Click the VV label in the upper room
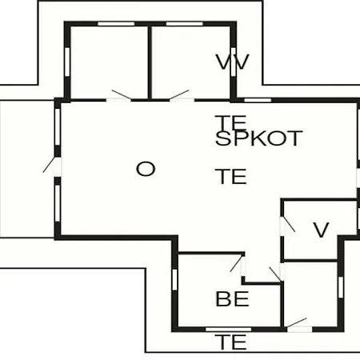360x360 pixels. coord(232,62)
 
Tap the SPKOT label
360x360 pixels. coord(259,138)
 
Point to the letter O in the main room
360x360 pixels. coord(146,169)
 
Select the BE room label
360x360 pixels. coord(232,299)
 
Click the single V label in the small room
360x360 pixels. coord(321,230)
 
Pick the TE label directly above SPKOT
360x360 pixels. coord(231,122)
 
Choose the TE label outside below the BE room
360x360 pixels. coord(231,342)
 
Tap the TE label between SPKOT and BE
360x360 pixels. coord(231,176)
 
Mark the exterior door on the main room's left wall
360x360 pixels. coord(53,166)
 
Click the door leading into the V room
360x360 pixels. coord(287,226)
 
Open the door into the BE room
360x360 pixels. coord(238,265)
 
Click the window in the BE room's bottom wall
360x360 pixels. coord(229,330)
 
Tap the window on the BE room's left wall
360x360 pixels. coord(174,279)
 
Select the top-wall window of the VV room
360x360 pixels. coord(184,24)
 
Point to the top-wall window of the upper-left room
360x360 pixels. coord(116,24)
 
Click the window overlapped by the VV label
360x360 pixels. coord(234,62)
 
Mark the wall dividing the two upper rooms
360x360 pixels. coord(150,62)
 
